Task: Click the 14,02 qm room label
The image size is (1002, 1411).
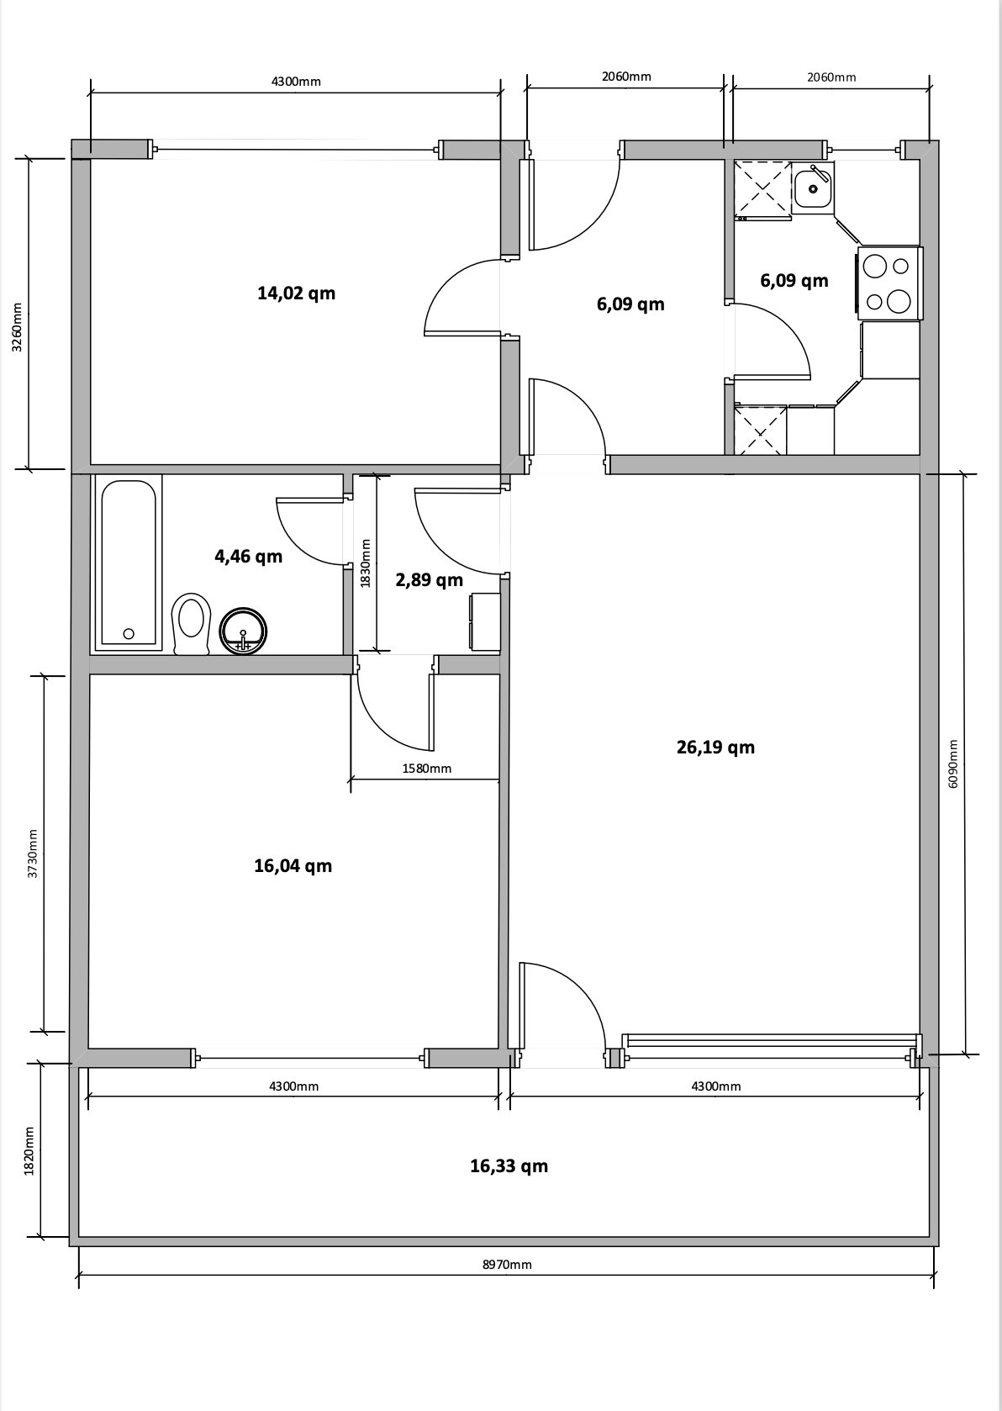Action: [x=296, y=293]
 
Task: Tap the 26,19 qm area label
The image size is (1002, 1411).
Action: [x=715, y=747]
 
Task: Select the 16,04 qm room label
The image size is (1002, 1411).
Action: [x=293, y=866]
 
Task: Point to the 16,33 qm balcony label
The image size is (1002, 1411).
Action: [x=509, y=1166]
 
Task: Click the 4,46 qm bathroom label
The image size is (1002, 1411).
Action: [x=248, y=557]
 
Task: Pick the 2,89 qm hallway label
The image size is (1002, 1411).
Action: [x=429, y=580]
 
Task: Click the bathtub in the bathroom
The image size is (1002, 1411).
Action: [x=129, y=563]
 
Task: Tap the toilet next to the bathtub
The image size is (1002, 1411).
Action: [x=191, y=624]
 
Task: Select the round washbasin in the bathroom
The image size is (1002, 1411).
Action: [x=243, y=632]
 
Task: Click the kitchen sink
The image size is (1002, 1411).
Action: [x=812, y=187]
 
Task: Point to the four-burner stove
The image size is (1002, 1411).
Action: [x=889, y=283]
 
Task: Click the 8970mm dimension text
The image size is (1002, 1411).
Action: [x=507, y=1265]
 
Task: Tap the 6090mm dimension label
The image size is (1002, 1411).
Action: [x=953, y=764]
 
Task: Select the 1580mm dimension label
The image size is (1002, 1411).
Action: [x=426, y=769]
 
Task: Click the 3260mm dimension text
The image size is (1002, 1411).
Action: [x=17, y=328]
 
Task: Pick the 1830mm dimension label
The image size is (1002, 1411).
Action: [x=366, y=563]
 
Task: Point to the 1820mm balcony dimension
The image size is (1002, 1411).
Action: [x=29, y=1151]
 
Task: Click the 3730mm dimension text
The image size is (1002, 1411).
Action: [x=33, y=853]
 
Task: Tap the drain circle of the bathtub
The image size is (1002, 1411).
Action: [x=129, y=634]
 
